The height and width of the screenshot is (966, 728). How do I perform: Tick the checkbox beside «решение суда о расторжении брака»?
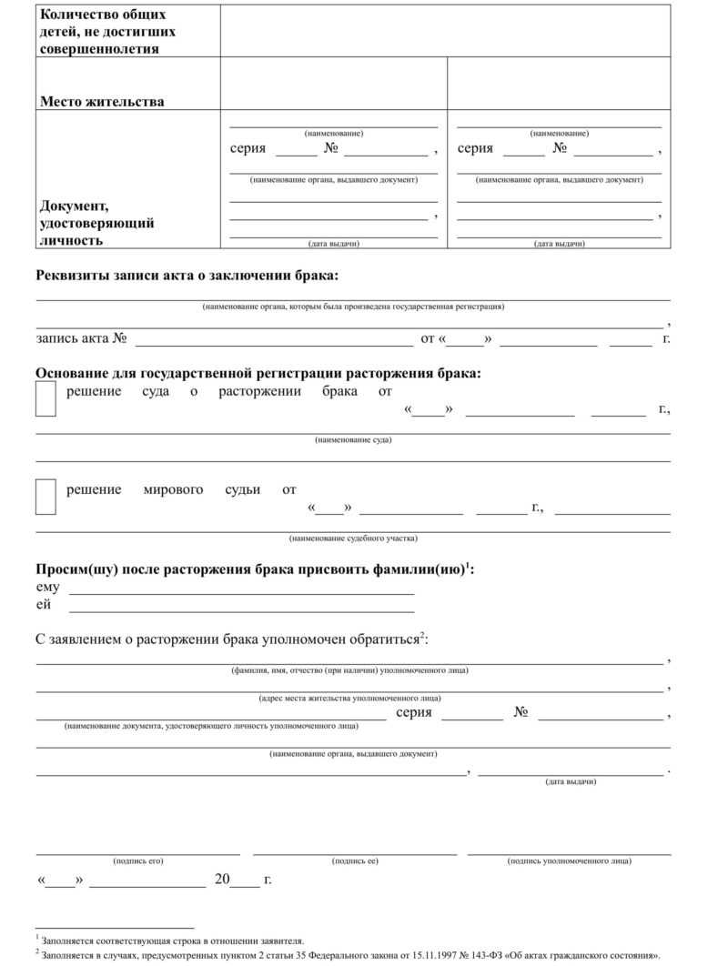point(45,399)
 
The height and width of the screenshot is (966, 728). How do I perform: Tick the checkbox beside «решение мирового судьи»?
point(45,497)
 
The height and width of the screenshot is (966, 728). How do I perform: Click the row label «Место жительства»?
point(102,102)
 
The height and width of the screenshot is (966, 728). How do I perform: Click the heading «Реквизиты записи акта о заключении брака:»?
point(186,276)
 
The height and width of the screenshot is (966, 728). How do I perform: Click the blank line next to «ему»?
point(242,592)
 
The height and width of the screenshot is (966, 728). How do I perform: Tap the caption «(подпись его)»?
point(138,860)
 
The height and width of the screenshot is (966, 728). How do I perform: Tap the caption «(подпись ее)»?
point(355,860)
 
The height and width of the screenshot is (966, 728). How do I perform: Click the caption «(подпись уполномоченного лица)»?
point(570,860)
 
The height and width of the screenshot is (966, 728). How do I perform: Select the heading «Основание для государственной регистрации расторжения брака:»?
point(258,373)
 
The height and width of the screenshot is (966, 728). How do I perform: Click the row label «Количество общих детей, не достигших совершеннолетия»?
point(107,32)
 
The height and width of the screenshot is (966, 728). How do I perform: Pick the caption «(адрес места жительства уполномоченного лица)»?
point(350,699)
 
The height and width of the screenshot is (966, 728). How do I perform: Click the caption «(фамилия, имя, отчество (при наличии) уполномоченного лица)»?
point(350,670)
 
